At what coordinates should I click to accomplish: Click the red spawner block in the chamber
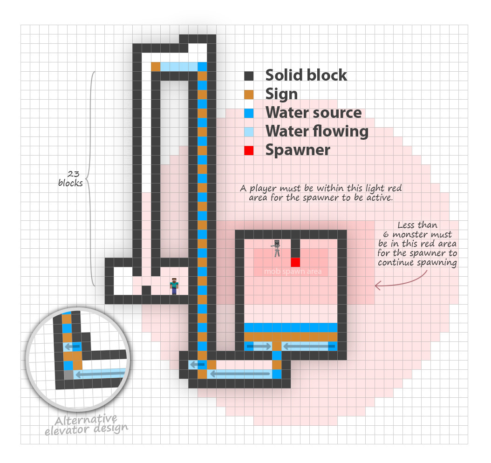(295, 262)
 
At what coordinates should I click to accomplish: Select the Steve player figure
(174, 285)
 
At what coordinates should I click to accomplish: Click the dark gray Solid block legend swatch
(249, 76)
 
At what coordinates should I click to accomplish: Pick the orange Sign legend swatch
(249, 95)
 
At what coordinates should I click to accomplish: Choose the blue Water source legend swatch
(249, 113)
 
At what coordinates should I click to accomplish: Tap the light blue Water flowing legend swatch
(249, 132)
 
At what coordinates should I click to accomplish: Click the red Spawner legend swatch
(249, 150)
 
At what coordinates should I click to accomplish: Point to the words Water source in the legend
(314, 113)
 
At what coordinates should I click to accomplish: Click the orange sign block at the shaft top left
(156, 67)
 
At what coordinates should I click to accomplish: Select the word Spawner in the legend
(298, 150)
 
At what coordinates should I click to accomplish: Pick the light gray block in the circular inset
(68, 374)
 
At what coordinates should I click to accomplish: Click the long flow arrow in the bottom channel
(240, 374)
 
